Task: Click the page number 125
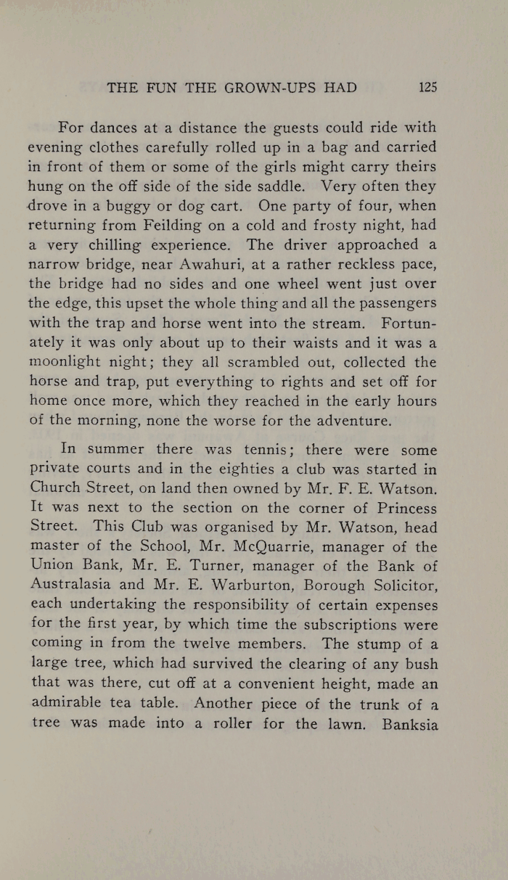[x=427, y=88]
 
